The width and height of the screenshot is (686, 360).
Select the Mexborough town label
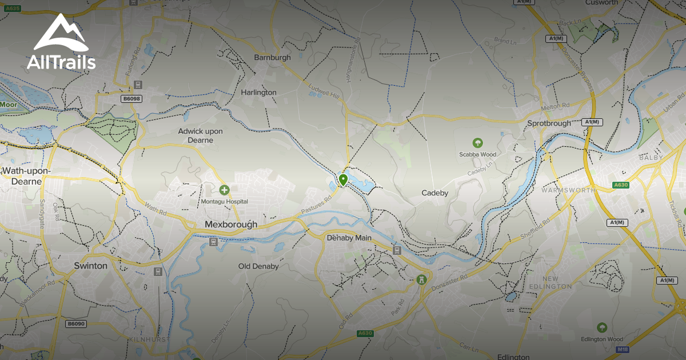coord(231,225)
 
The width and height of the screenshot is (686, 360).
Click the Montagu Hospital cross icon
coord(224,189)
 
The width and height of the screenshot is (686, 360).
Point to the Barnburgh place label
coord(272,57)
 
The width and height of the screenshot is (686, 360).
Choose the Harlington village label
coord(258,92)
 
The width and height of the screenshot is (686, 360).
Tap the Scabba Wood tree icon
coord(477,142)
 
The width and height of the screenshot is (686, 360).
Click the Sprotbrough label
coord(549,123)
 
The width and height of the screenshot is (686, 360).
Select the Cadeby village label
coord(435,193)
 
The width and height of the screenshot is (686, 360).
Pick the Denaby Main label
coord(349,238)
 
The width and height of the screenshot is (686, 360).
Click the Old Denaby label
coord(258,266)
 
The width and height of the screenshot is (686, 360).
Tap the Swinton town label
coord(90,266)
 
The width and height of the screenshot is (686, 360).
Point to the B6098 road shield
coord(131,98)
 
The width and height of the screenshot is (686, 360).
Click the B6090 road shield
coord(75,323)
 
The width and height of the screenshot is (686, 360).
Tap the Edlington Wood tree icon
coord(601,327)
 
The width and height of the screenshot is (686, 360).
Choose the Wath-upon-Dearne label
coord(26,176)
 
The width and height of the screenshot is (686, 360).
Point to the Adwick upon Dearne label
coord(200,135)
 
